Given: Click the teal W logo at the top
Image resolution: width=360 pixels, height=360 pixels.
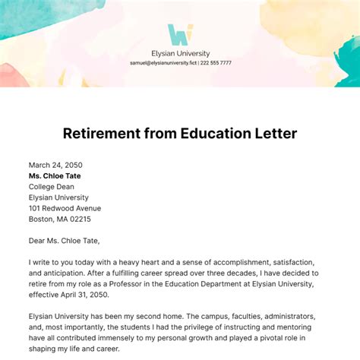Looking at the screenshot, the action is [x=180, y=35].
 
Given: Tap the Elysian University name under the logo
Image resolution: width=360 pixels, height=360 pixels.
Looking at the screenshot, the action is [x=180, y=53].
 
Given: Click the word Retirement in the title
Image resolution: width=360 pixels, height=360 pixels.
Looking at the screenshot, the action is [x=111, y=134].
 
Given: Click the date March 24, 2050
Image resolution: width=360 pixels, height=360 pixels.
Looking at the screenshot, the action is [x=55, y=165].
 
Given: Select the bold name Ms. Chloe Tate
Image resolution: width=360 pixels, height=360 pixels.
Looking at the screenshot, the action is [x=55, y=175].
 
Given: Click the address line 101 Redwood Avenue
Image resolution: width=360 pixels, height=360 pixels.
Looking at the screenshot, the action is [x=65, y=208].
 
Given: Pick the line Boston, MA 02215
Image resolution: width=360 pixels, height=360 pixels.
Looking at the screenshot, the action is [x=59, y=219].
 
